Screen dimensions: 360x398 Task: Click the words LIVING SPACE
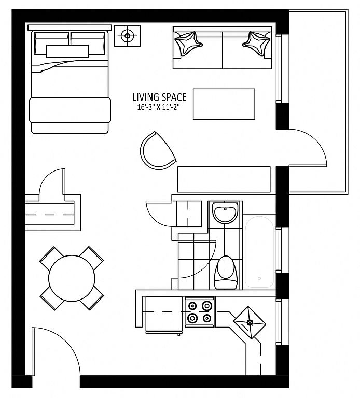[160, 97]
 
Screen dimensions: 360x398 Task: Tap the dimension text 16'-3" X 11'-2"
[159, 107]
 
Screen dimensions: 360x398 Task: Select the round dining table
[72, 278]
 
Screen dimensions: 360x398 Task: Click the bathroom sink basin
[225, 213]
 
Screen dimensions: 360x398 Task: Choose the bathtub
[259, 251]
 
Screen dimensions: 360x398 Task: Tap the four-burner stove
[200, 312]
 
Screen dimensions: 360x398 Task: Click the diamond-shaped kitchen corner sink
[250, 323]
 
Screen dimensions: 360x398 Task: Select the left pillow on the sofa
[188, 44]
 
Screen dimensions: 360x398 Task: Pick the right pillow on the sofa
[256, 42]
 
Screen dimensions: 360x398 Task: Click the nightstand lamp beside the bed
[127, 36]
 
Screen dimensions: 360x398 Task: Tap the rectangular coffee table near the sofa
[224, 104]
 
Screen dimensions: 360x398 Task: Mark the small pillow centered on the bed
[67, 51]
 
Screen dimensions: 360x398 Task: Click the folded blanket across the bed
[70, 110]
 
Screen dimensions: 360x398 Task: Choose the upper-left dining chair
[52, 259]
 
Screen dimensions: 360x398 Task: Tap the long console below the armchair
[224, 179]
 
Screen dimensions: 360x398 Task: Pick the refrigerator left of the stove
[164, 315]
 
